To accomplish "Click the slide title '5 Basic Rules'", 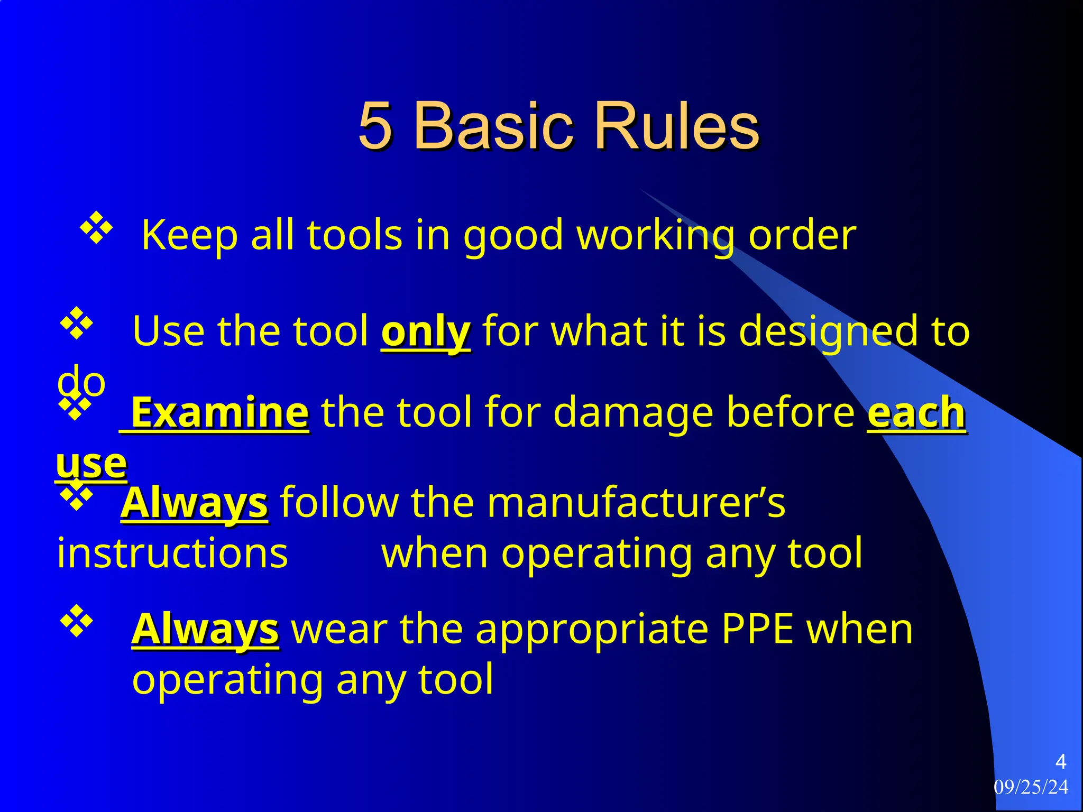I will click(x=558, y=126).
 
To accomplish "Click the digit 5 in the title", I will click(x=375, y=126).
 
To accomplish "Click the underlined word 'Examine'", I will click(x=219, y=413).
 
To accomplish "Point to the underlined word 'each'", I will click(x=916, y=413).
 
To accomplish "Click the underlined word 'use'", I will click(x=91, y=464).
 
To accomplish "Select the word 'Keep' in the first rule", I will click(x=190, y=235).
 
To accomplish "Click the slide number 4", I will click(x=1060, y=762).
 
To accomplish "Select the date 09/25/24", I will click(x=1031, y=787).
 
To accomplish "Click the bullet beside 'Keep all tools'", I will click(x=96, y=228).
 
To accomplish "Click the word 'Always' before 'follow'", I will click(x=195, y=503).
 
